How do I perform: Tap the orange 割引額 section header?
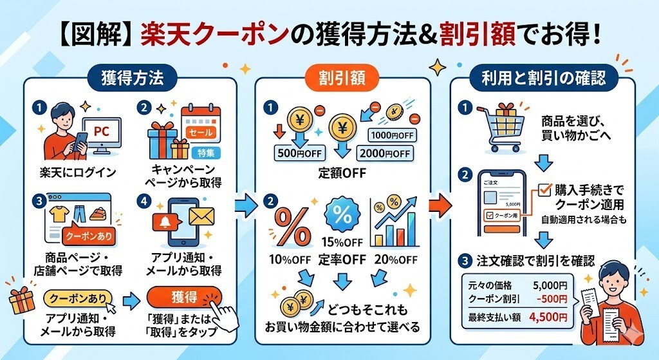point(343,78)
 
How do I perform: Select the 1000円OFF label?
point(392,135)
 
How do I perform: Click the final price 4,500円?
point(548,317)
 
